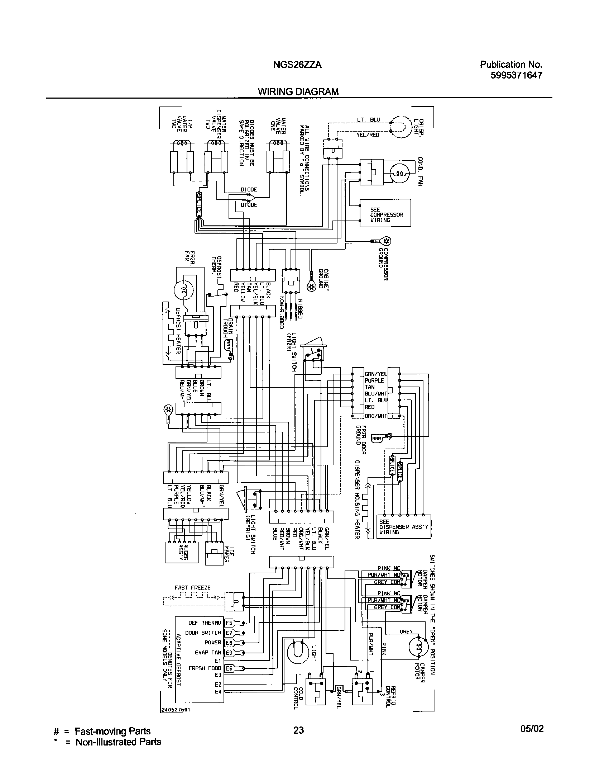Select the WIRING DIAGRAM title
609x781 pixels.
(x=298, y=92)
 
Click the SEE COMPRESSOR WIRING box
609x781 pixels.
(x=385, y=213)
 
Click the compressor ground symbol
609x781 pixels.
(x=387, y=241)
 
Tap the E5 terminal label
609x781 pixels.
(x=229, y=623)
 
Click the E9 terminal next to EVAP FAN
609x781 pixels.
(x=229, y=653)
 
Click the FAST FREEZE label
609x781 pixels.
(x=192, y=588)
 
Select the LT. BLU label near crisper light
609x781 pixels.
(x=369, y=120)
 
